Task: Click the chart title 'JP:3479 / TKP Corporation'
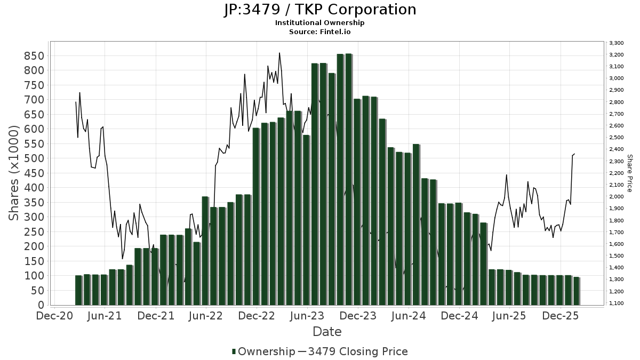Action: pos(320,10)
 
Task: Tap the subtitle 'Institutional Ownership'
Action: pos(320,23)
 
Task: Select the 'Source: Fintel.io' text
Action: pos(320,31)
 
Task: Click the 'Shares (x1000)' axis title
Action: pos(14,173)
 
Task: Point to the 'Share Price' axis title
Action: pos(629,173)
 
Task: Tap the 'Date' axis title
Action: pos(327,332)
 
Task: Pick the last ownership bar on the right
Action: pos(576,291)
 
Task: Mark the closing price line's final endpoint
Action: pos(574,154)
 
